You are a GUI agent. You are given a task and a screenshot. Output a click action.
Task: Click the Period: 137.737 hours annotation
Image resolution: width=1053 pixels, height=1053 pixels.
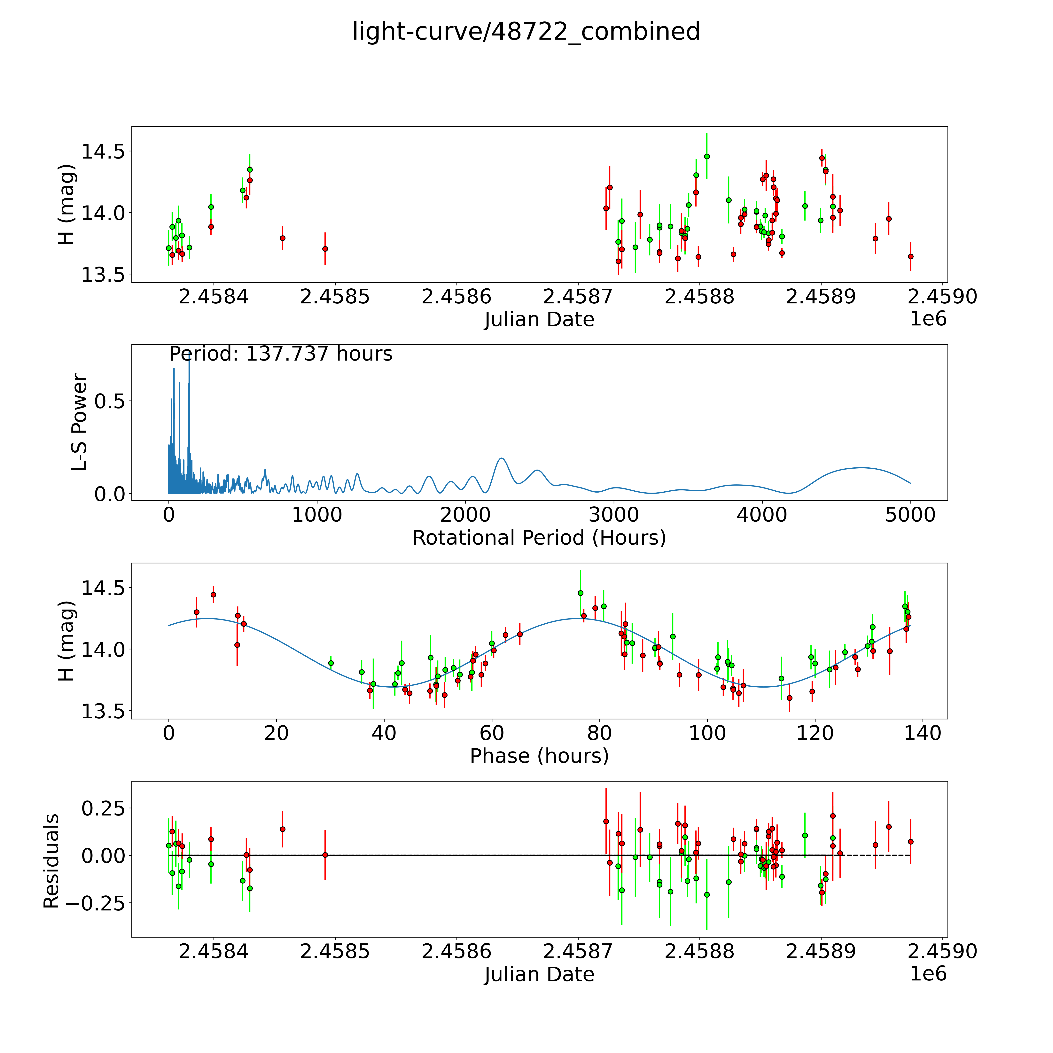pos(281,354)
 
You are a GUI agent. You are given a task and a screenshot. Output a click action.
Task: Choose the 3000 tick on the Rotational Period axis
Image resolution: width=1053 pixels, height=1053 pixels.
pos(614,515)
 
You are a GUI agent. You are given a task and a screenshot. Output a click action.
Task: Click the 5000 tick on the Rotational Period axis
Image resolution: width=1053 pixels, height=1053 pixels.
pos(910,515)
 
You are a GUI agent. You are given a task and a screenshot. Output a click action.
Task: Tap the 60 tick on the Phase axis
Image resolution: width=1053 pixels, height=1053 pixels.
pos(492,733)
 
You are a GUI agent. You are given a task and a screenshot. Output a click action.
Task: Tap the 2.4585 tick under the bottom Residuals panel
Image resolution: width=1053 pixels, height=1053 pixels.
pos(335,951)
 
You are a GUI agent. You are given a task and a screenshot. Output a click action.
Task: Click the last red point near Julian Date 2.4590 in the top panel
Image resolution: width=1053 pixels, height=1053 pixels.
pos(910,256)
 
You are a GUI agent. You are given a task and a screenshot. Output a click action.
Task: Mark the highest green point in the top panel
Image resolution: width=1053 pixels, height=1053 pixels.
pos(707,156)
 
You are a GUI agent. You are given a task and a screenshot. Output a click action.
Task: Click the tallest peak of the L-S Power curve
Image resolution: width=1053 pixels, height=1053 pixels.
pos(189,354)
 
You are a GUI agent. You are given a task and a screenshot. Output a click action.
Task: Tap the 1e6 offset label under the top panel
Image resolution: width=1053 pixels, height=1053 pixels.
pos(928,319)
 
